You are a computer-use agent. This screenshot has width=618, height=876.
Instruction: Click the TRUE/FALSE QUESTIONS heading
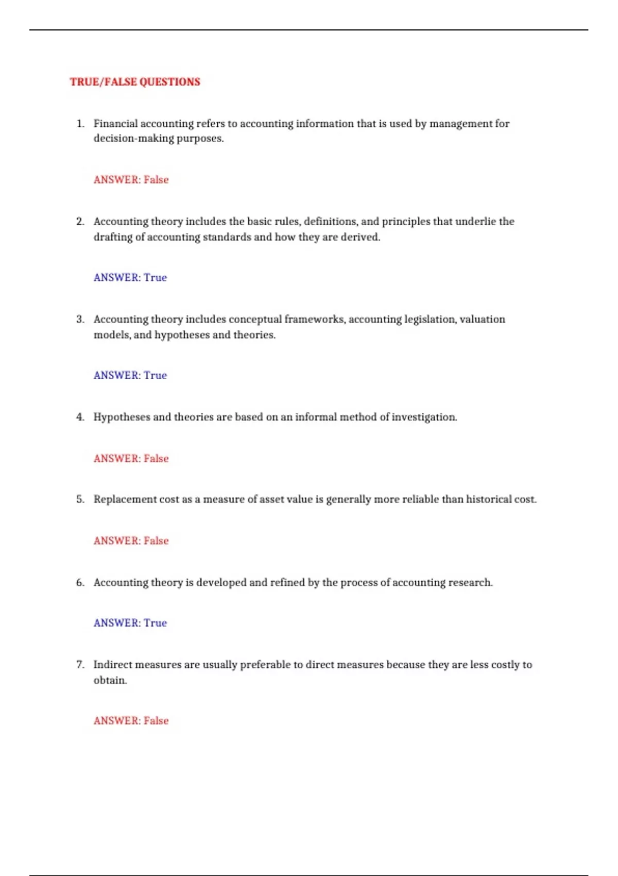135,82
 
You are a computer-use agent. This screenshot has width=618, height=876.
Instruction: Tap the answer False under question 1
156,180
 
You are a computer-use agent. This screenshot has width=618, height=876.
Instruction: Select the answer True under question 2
155,278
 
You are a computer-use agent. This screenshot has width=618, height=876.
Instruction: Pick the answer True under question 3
155,376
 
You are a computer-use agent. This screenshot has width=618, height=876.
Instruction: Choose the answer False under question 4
156,459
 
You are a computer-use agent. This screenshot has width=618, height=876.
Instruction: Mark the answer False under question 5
156,541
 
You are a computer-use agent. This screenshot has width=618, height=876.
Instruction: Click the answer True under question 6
155,623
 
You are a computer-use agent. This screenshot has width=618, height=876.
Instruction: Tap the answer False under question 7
156,721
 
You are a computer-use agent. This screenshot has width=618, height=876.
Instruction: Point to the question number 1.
80,124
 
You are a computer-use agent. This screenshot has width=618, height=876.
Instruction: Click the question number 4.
80,417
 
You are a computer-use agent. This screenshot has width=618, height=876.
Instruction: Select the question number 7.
80,665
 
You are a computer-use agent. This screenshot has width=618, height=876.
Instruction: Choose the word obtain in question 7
109,680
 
